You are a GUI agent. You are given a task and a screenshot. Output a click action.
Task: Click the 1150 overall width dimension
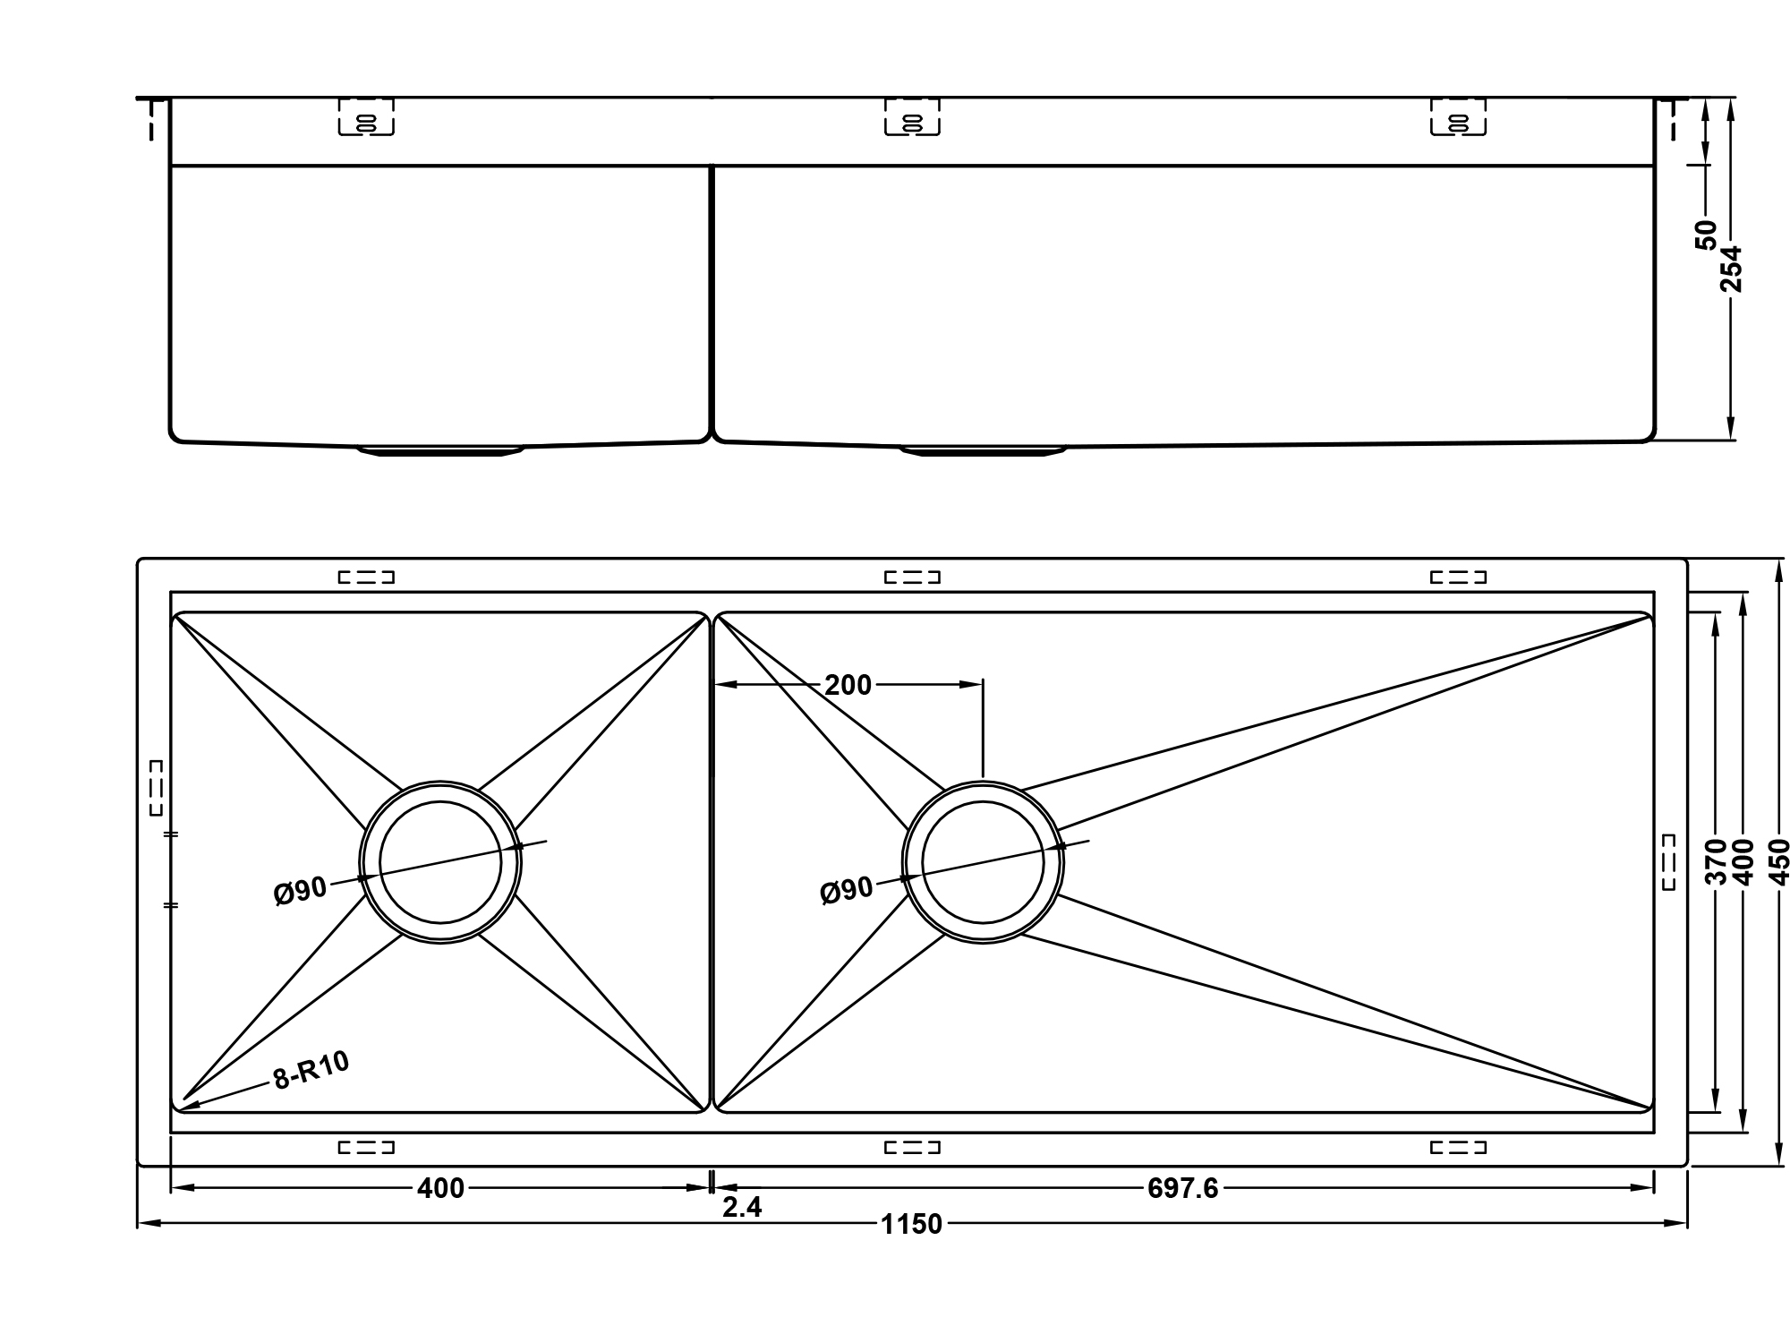[911, 1224]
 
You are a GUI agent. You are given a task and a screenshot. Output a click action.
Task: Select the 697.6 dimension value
[1182, 1188]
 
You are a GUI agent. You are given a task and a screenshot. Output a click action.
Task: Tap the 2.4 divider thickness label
[742, 1208]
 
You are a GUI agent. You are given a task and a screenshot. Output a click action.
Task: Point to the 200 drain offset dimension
[848, 685]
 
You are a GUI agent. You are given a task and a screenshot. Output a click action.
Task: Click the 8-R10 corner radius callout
[311, 1070]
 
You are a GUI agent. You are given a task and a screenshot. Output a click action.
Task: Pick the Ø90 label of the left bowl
[300, 892]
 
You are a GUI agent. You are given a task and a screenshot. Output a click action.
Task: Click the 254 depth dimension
[1732, 269]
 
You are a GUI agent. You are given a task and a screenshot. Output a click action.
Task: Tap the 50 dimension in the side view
[1706, 235]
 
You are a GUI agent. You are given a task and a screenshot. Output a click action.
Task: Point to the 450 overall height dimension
[1779, 862]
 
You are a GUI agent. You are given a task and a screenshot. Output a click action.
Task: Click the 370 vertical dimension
[1715, 862]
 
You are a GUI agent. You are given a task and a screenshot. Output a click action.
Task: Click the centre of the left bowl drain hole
[440, 862]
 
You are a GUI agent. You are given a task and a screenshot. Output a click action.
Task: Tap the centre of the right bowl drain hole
[983, 862]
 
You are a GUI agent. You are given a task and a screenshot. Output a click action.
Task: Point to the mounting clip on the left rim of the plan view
[157, 787]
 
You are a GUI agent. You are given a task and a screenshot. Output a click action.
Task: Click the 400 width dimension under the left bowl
[440, 1188]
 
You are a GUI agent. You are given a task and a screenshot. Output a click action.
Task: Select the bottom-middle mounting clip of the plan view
[912, 1147]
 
